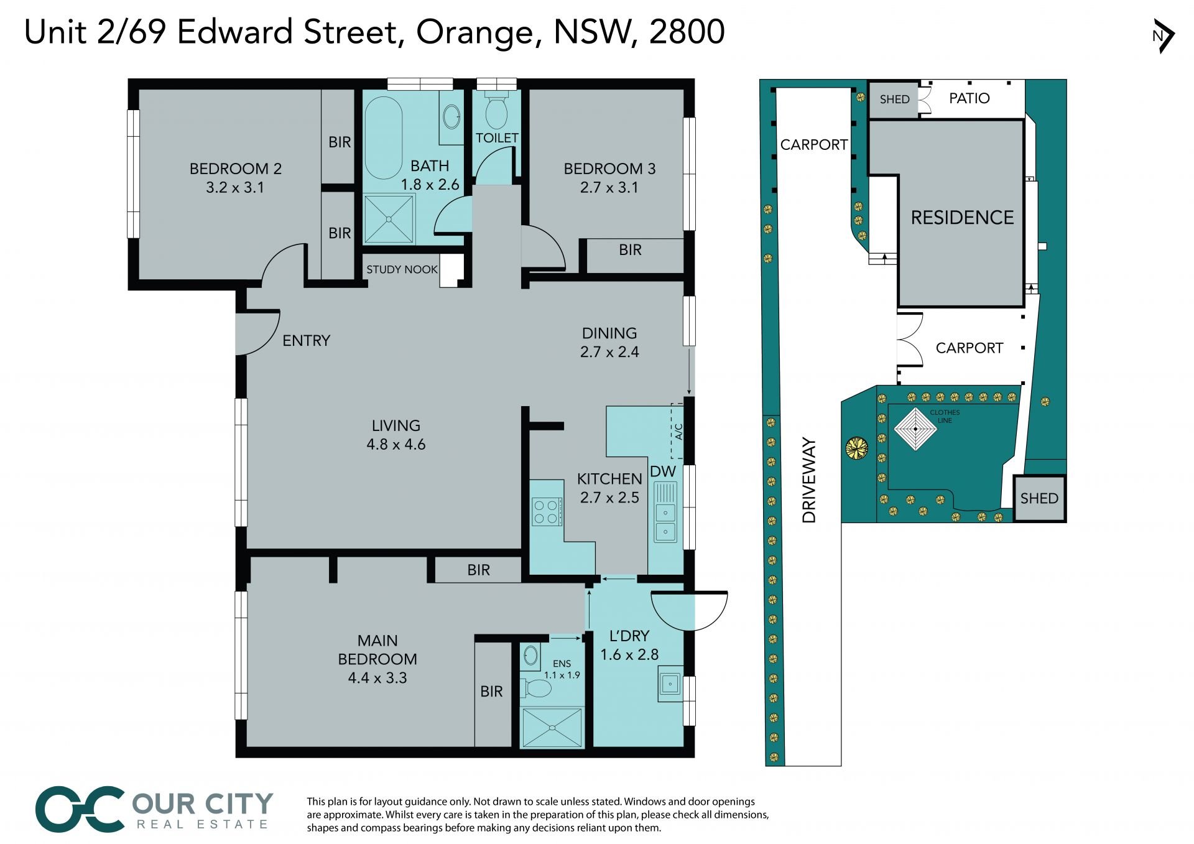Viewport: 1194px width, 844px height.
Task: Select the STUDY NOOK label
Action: click(402, 269)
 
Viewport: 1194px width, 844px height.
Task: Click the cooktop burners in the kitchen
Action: click(547, 512)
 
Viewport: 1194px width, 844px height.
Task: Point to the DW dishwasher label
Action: click(663, 471)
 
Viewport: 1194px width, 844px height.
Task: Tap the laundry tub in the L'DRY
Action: click(670, 684)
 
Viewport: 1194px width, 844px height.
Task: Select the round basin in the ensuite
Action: click(530, 656)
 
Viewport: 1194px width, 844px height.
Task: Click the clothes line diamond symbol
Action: click(915, 429)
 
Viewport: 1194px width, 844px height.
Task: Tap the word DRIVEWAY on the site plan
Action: click(808, 480)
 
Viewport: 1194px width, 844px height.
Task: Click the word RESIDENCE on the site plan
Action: click(962, 217)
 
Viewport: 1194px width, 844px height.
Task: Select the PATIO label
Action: click(970, 98)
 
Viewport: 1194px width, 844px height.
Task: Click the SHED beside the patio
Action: click(894, 100)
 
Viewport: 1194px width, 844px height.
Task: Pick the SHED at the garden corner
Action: click(1039, 498)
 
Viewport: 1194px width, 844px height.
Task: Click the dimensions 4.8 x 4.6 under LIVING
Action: click(396, 445)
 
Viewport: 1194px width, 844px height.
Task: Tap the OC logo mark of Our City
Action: click(80, 809)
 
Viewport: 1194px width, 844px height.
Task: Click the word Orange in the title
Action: click(474, 33)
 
